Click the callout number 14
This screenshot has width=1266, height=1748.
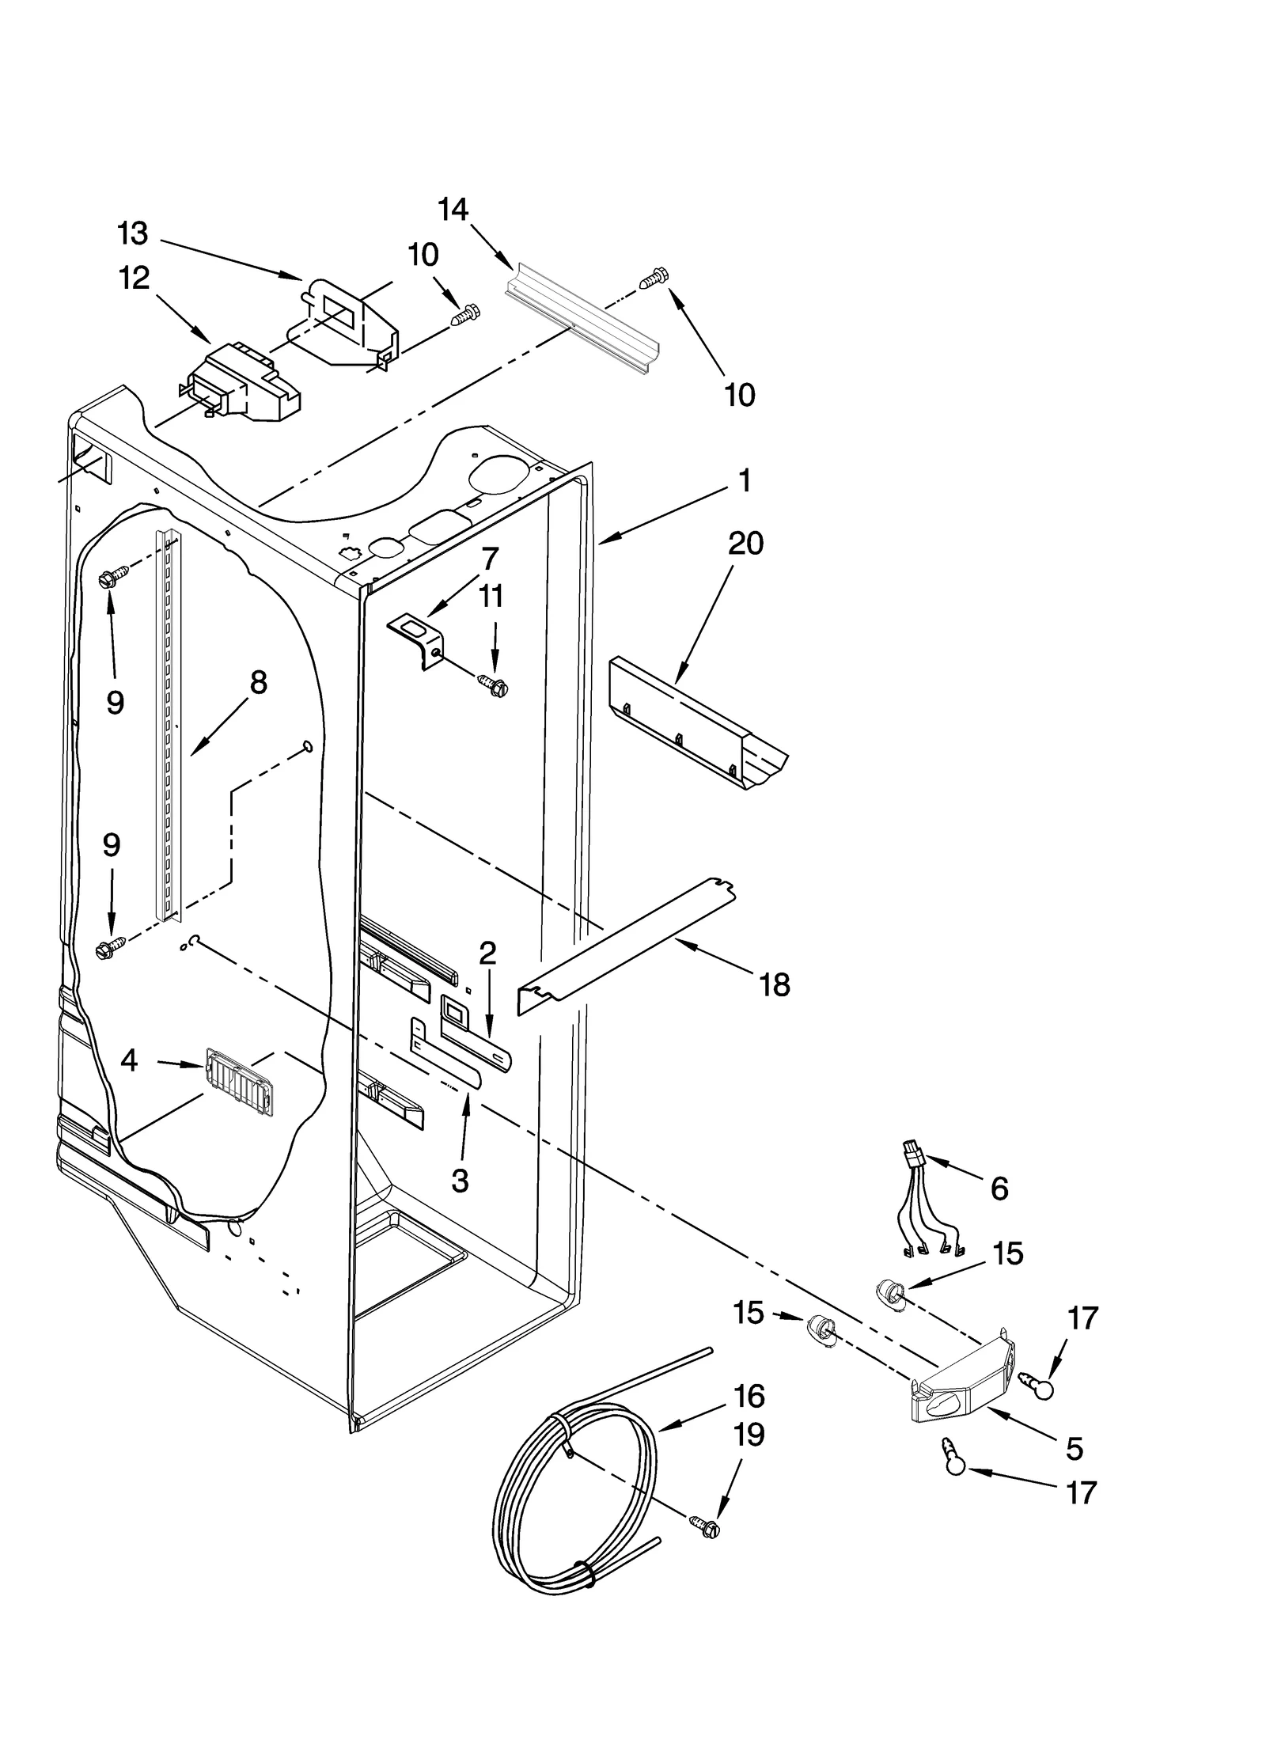453,210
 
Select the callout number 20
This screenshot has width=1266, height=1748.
745,544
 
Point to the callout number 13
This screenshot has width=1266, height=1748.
132,233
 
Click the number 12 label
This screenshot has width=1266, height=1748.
134,278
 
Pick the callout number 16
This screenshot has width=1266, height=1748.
749,1396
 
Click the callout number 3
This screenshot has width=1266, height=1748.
460,1181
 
